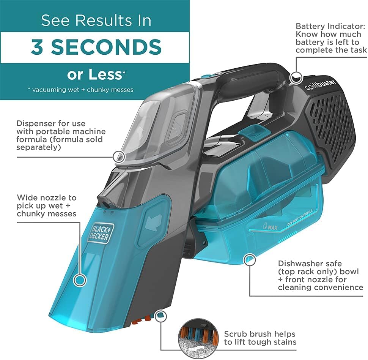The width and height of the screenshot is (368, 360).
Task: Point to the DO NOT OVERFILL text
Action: tap(300, 220)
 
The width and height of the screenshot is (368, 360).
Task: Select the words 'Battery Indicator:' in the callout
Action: tap(330, 27)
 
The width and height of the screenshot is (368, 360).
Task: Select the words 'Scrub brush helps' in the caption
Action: tap(259, 334)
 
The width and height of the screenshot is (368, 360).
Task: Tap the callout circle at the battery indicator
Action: tap(294, 77)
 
